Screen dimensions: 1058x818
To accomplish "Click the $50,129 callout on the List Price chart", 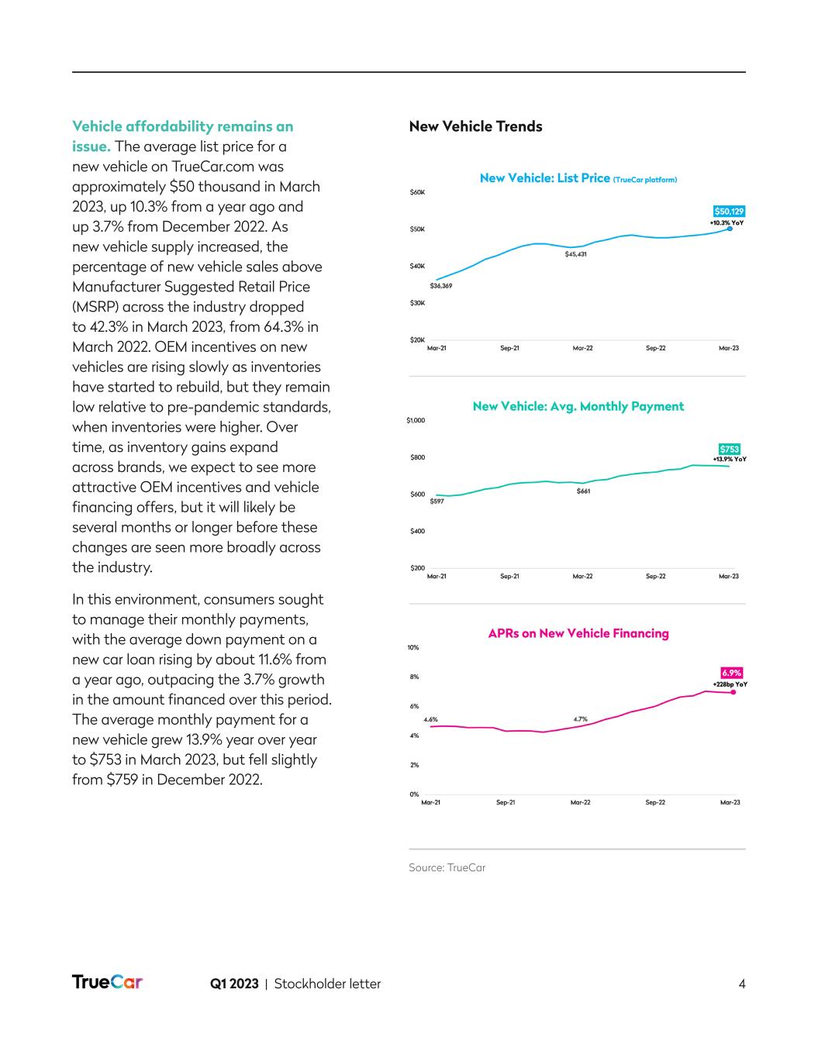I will (729, 211).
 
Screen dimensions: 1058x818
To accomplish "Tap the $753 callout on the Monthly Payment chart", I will (729, 449).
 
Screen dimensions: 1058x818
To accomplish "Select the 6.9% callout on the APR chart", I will (731, 673).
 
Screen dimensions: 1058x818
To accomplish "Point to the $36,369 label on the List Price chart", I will (441, 286).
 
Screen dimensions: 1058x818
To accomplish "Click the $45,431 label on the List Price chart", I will (575, 254).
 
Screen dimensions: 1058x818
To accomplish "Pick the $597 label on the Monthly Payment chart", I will (437, 502).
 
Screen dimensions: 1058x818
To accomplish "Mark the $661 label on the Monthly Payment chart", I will (583, 491).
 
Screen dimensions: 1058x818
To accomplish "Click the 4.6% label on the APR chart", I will (430, 719).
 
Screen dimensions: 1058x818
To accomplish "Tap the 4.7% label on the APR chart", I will (580, 719).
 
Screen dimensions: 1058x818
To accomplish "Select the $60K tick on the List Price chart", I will (417, 192).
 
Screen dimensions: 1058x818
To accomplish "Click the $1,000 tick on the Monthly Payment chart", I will (416, 421).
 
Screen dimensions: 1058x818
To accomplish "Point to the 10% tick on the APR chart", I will (413, 647).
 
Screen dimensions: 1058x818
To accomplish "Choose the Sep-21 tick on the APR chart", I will (506, 802).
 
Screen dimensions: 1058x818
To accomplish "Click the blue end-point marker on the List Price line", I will (730, 229).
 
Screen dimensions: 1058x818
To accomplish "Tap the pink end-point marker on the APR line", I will (733, 692).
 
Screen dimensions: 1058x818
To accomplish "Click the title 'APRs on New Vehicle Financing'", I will (578, 633).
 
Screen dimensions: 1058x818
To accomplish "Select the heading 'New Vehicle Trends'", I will (475, 126).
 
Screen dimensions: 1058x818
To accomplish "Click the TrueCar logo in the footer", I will (107, 982).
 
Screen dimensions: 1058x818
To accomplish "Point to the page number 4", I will (742, 984).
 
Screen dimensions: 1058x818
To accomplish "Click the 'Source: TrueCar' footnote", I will (447, 867).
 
